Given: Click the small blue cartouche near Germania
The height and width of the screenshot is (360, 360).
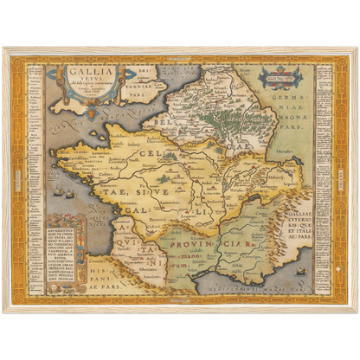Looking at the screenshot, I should click(282, 76).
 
